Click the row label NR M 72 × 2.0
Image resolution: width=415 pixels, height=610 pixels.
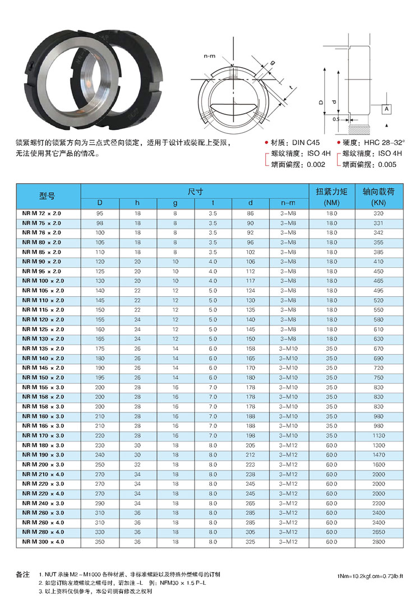pos(42,213)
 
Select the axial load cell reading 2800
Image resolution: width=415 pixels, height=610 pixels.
pos(379,542)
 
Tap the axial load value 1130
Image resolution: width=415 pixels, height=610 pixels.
pos(379,436)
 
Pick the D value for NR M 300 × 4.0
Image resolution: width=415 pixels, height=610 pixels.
pos(100,542)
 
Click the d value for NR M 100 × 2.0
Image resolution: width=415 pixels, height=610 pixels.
pos(251,281)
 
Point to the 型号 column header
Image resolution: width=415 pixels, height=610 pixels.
pos(47,196)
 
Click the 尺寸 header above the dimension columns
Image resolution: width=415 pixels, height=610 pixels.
pos(195,190)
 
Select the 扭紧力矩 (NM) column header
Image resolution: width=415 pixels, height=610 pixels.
pos(331,196)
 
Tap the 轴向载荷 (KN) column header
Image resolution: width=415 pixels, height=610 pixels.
pos(379,196)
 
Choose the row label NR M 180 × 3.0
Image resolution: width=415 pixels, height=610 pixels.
pos(43,445)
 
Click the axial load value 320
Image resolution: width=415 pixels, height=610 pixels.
pos(379,213)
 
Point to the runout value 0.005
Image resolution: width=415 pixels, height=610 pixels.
pos(387,165)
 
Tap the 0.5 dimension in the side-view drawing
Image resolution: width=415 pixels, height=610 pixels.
pos(335,119)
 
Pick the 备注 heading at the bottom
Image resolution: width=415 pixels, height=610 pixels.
pos(22,575)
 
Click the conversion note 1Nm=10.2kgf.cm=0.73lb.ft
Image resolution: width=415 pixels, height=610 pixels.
pos(375,575)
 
